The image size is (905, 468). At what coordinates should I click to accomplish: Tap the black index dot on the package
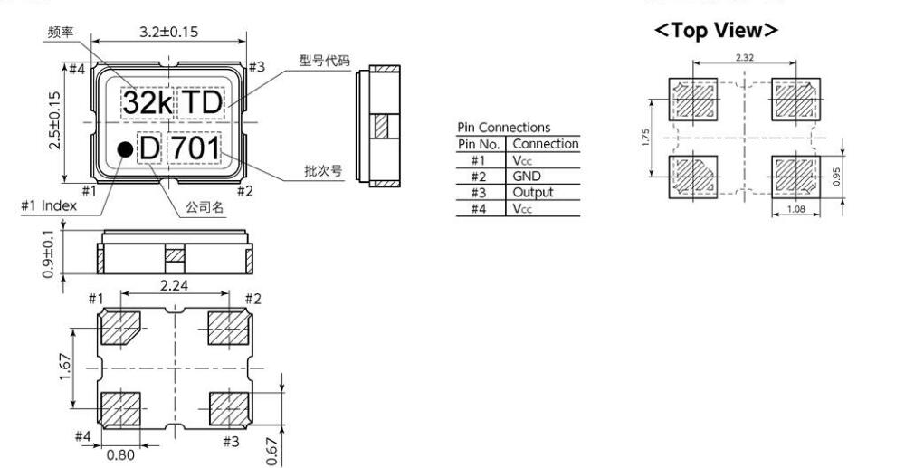(121, 148)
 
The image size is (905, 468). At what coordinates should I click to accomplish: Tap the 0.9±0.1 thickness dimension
(60, 255)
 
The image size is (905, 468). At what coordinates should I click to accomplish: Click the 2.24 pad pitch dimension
(174, 286)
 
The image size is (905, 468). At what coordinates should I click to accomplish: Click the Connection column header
(544, 144)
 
